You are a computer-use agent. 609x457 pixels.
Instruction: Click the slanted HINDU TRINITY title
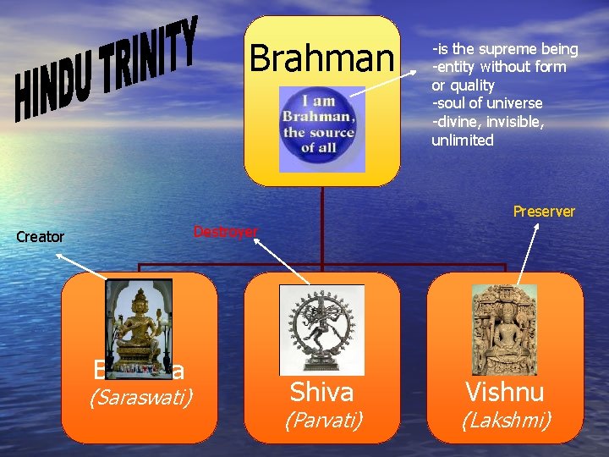[x=105, y=69]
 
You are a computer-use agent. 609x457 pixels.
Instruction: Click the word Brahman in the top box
[x=321, y=59]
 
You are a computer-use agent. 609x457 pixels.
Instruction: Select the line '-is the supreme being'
[x=505, y=49]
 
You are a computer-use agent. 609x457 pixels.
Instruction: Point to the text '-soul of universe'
[x=487, y=103]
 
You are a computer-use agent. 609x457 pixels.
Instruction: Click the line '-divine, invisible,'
[x=488, y=122]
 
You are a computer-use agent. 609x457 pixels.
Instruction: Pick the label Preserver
[x=544, y=212]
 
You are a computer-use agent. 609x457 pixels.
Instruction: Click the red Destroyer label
[x=226, y=232]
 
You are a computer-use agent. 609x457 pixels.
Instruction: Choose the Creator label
[x=41, y=237]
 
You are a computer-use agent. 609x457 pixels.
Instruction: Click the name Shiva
[x=321, y=392]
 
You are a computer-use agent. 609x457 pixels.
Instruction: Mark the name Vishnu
[x=504, y=392]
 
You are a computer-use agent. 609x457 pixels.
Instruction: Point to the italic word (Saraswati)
[x=139, y=396]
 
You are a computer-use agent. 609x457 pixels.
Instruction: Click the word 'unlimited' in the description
[x=463, y=140]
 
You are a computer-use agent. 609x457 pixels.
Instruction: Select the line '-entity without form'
[x=499, y=67]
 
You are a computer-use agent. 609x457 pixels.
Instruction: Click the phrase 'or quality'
[x=463, y=85]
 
